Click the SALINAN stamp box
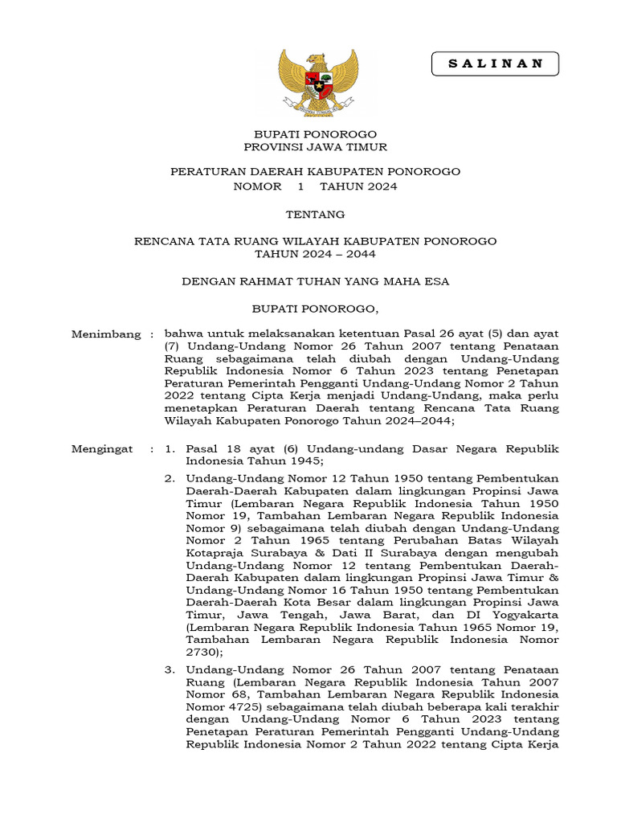pyautogui.click(x=495, y=63)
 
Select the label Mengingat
pyautogui.click(x=102, y=449)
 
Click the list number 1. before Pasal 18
pyautogui.click(x=170, y=449)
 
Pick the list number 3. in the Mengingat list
pyautogui.click(x=170, y=669)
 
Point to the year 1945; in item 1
pyautogui.click(x=300, y=461)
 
